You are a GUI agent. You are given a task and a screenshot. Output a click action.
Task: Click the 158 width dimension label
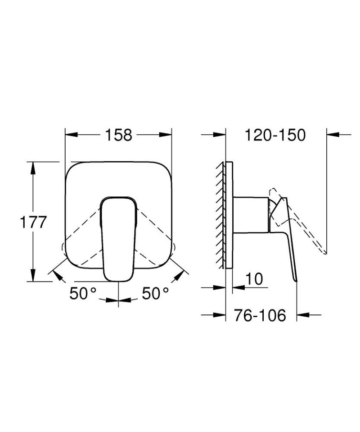119,134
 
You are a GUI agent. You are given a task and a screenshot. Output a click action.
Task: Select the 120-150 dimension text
275,134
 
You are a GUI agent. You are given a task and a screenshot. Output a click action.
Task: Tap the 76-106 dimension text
260,316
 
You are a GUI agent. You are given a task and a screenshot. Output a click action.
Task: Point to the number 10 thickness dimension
254,279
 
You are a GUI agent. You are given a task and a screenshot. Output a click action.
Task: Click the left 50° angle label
83,294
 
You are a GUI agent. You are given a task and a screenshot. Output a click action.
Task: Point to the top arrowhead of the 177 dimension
32,167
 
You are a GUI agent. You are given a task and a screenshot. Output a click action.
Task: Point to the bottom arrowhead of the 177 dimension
32,277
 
